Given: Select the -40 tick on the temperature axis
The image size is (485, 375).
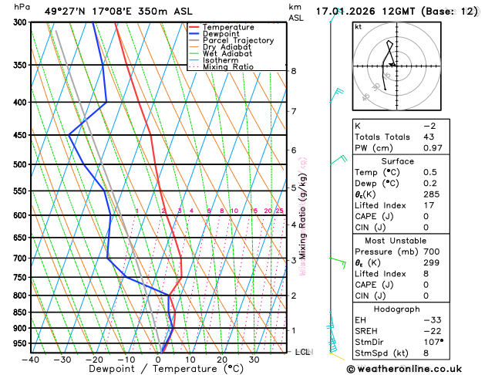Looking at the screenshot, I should pos(31,359).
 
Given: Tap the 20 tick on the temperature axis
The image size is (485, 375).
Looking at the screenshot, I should pos(221,359).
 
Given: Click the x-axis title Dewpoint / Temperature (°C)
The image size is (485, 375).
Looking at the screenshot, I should pos(157,369).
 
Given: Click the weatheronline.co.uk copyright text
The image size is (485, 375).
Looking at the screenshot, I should pos(416,369).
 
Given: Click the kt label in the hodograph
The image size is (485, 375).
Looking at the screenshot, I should pos(358,27).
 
